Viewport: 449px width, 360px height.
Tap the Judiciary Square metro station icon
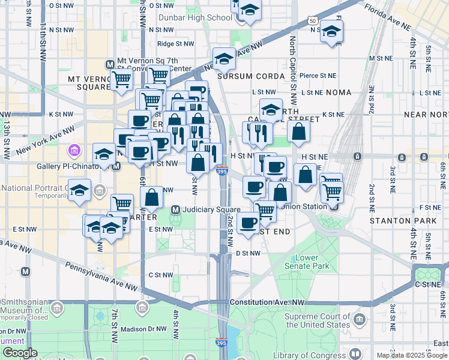[176, 209]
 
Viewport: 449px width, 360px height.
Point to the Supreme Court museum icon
[360, 317]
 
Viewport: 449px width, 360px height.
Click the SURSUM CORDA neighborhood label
[251, 76]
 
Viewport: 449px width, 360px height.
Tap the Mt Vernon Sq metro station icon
[110, 64]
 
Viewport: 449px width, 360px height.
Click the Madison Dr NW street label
[142, 328]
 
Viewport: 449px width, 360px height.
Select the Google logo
[19, 353]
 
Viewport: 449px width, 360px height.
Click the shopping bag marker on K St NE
[298, 131]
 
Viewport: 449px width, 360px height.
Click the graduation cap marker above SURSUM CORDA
[224, 58]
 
